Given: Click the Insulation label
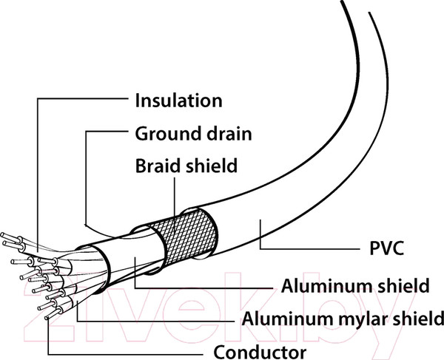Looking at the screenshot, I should [x=178, y=101].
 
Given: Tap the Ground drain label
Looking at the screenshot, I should [x=193, y=135].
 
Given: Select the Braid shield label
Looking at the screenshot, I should [x=186, y=166].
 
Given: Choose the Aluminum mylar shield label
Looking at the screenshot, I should [x=343, y=319].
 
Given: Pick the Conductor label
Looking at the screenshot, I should [x=259, y=350].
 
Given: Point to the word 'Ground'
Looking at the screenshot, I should [x=166, y=135].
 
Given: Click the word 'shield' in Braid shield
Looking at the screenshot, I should [x=212, y=166].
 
